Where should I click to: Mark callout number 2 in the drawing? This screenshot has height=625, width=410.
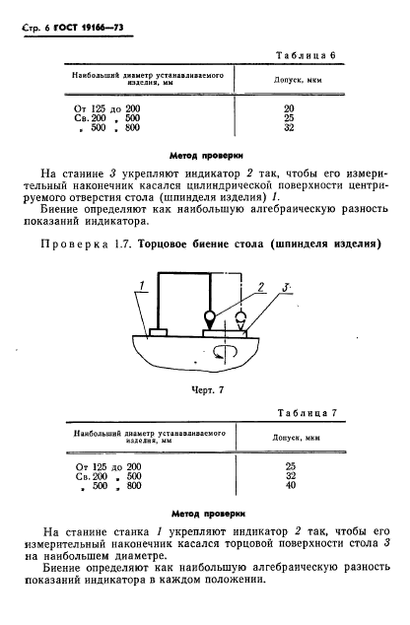260,287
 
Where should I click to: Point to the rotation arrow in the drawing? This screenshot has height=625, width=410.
231,352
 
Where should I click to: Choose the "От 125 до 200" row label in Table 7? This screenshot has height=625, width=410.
101,465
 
